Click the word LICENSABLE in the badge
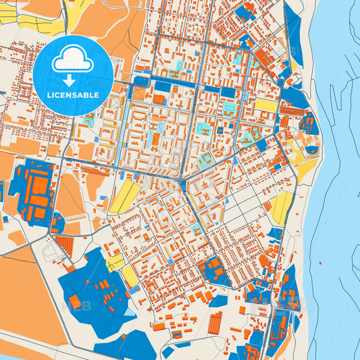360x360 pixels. coord(72,95)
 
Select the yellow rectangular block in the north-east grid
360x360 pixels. coord(265,106)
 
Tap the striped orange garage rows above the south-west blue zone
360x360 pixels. coord(64,245)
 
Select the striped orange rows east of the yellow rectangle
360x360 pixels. coord(292,111)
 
